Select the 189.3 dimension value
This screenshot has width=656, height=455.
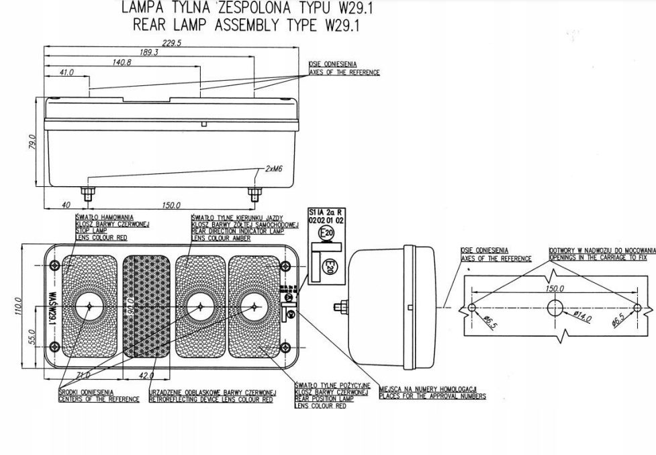click(148, 52)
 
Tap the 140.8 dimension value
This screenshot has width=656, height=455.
click(122, 62)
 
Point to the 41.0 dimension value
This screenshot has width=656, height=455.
click(66, 72)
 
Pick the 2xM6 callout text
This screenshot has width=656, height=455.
click(273, 169)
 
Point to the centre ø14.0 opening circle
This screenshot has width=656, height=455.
click(555, 308)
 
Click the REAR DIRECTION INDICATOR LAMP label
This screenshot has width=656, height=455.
click(236, 231)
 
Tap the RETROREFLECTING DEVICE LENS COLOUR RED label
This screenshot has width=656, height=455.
click(211, 399)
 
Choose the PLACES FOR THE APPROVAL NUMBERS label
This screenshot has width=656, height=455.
click(432, 396)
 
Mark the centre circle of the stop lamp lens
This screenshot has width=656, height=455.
click(88, 306)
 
